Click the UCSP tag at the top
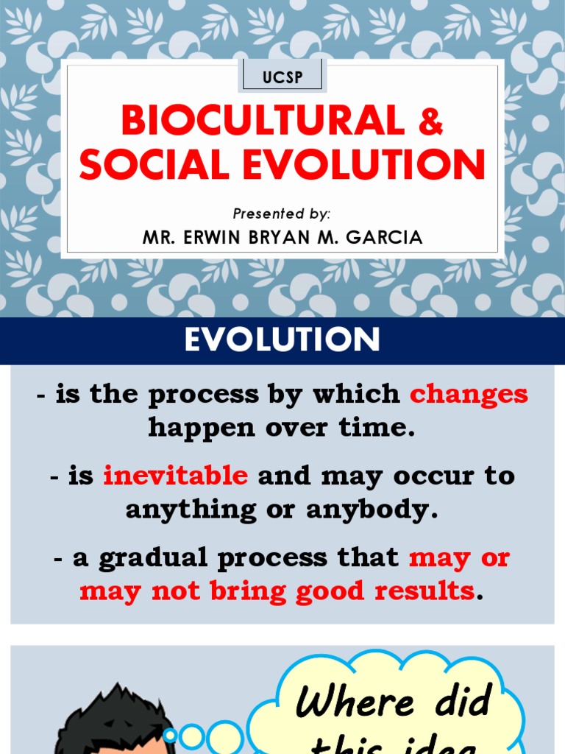click(282, 77)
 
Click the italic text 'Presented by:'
click(282, 214)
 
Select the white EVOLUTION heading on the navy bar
click(282, 340)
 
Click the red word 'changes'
click(469, 394)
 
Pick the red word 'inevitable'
click(175, 476)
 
